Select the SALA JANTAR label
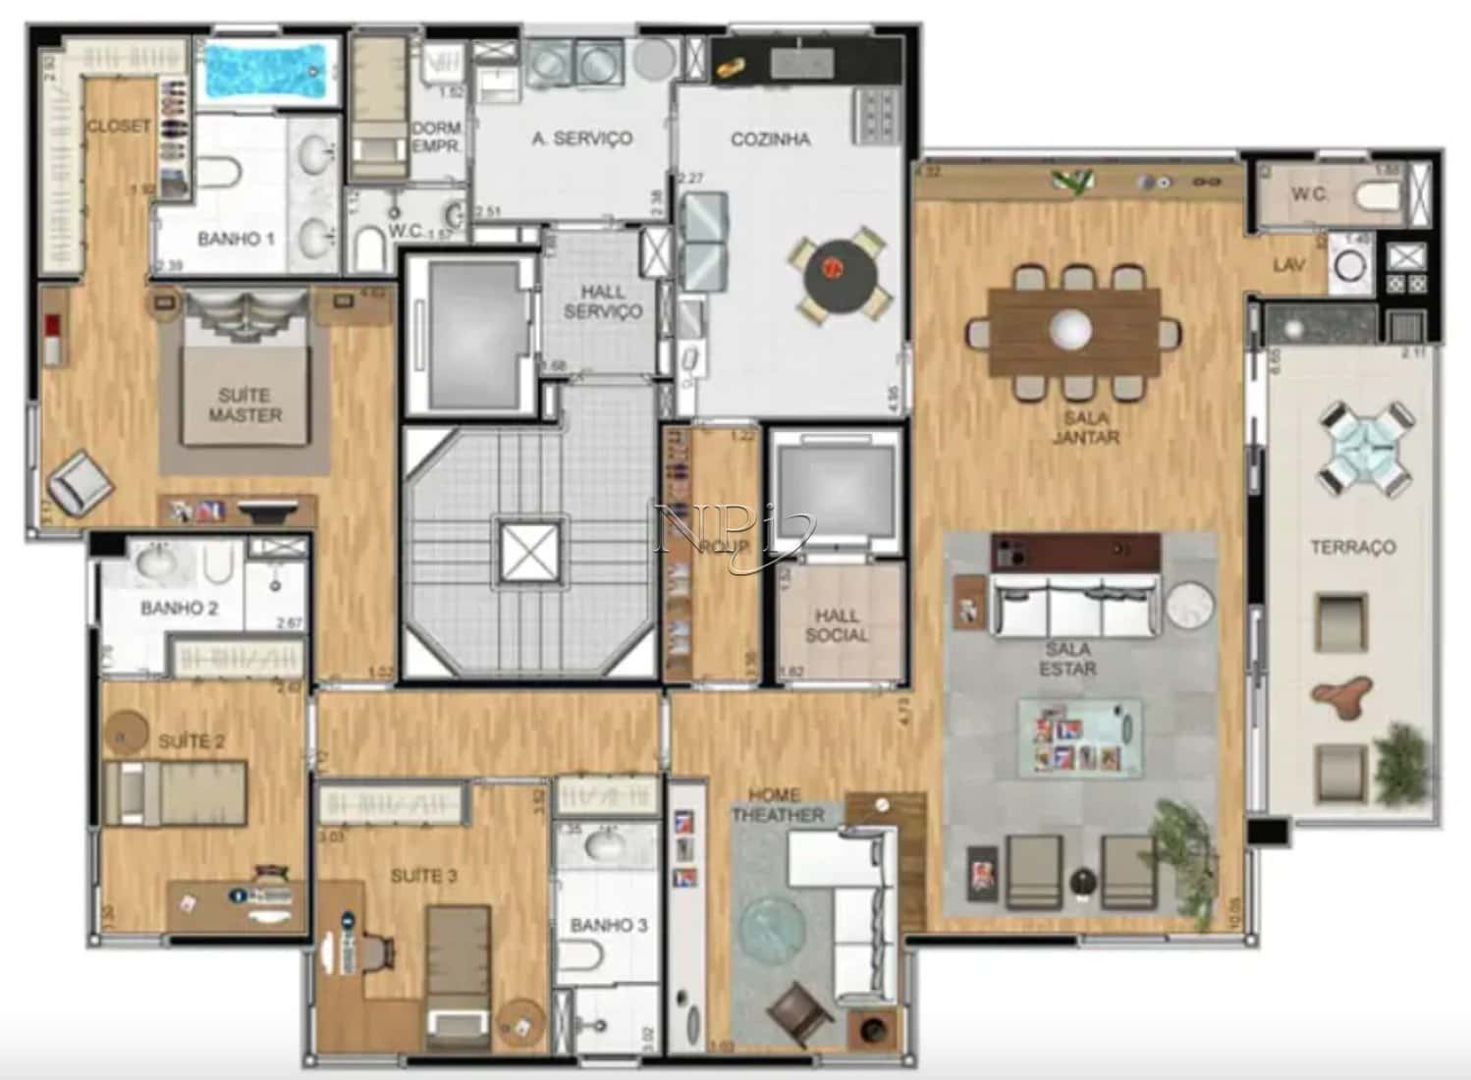(x=1085, y=427)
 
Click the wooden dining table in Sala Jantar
(x=1072, y=331)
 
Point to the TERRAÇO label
(x=1352, y=547)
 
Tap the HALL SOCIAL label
(x=836, y=625)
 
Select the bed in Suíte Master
(x=245, y=393)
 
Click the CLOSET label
(x=118, y=126)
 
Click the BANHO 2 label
(x=179, y=608)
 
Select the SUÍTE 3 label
(x=423, y=875)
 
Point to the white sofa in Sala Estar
(x=1075, y=607)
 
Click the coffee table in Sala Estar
(x=1079, y=737)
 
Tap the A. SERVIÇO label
(x=581, y=138)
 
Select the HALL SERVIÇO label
(x=611, y=301)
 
